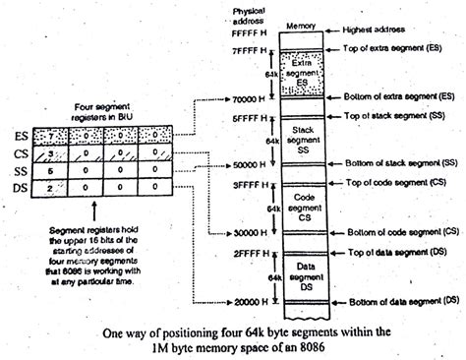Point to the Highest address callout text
(378, 31)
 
